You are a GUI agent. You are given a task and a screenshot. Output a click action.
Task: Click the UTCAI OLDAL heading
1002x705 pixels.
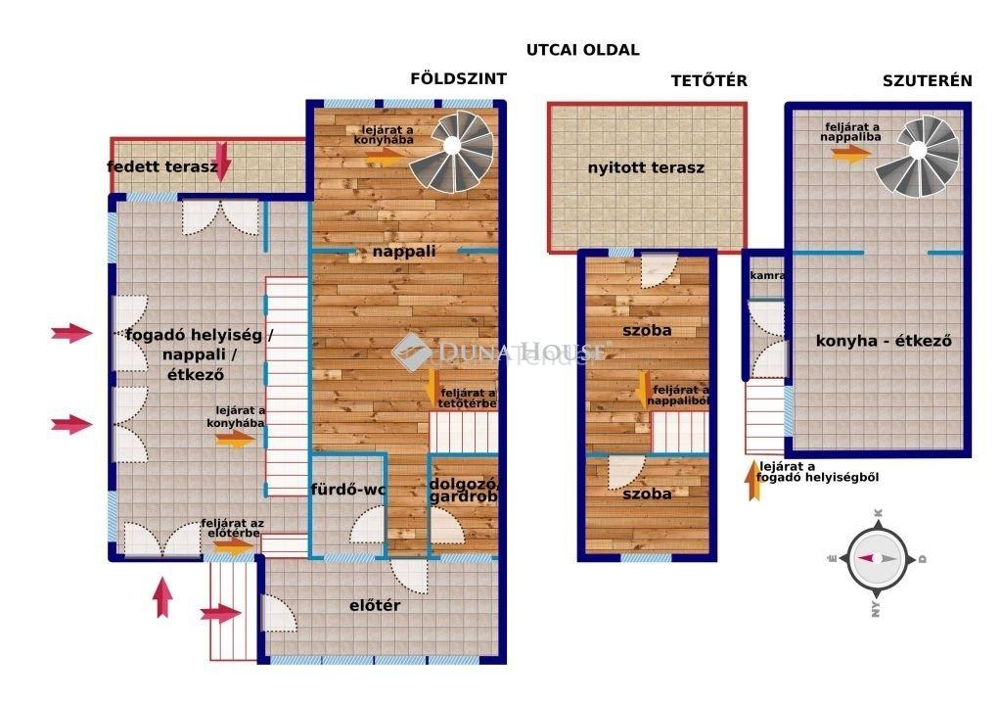pos(582,50)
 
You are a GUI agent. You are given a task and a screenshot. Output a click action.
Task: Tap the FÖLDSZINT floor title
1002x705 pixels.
pos(458,78)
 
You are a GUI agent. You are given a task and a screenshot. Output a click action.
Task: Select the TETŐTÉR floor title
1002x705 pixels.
pos(708,80)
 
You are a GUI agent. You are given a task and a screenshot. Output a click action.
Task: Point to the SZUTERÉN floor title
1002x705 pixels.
pos(928,80)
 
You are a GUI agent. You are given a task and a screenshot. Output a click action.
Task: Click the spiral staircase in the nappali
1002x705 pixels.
pos(452,151)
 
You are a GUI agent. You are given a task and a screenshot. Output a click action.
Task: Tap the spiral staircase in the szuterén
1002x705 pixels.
pos(917,156)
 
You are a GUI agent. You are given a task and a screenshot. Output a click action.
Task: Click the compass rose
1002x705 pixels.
pos(878,558)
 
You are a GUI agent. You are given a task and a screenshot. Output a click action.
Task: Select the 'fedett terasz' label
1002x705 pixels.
pos(162,167)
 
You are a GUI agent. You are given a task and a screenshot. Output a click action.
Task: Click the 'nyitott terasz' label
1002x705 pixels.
pos(646,167)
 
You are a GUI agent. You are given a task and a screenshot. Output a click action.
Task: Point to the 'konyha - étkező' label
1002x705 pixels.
pos(884,341)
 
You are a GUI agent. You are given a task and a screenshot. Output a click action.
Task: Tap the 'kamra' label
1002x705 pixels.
pos(767,275)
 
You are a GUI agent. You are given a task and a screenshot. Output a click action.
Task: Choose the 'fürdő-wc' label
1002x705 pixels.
pos(348,490)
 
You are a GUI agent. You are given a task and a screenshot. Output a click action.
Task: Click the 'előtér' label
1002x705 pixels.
pos(375,605)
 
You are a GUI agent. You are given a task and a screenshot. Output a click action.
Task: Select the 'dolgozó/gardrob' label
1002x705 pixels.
pos(463,491)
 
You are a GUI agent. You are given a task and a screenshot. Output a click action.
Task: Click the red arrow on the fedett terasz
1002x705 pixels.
pos(221,162)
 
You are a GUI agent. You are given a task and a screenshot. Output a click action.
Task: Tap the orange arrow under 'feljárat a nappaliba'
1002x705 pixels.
pos(851,154)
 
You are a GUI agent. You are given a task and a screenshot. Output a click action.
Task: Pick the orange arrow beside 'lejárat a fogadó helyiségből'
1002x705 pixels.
pos(754,480)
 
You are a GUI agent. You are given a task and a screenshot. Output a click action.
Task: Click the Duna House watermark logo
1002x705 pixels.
pos(412,352)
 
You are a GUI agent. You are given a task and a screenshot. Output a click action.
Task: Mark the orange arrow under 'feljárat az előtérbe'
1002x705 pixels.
pos(233,545)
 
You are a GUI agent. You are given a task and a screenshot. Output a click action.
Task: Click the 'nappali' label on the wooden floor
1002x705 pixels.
pos(404,252)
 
